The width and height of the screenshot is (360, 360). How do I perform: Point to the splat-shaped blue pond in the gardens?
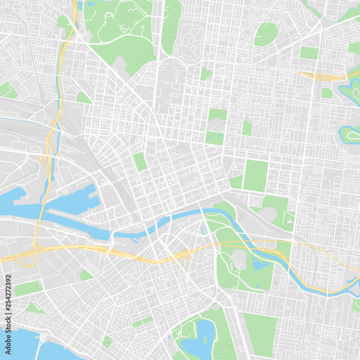click(260, 265)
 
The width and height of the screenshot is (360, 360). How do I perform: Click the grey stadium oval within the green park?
click(268, 214)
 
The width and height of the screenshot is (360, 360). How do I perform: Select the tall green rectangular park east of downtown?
click(256, 175)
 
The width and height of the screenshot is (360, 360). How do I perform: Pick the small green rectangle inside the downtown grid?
click(140, 161)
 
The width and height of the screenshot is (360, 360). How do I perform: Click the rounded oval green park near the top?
click(266, 34)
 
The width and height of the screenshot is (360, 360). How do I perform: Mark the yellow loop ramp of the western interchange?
click(29, 260)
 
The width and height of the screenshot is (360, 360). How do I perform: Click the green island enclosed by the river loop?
click(351, 134)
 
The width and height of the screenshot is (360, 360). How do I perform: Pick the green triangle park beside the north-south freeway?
click(83, 98)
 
